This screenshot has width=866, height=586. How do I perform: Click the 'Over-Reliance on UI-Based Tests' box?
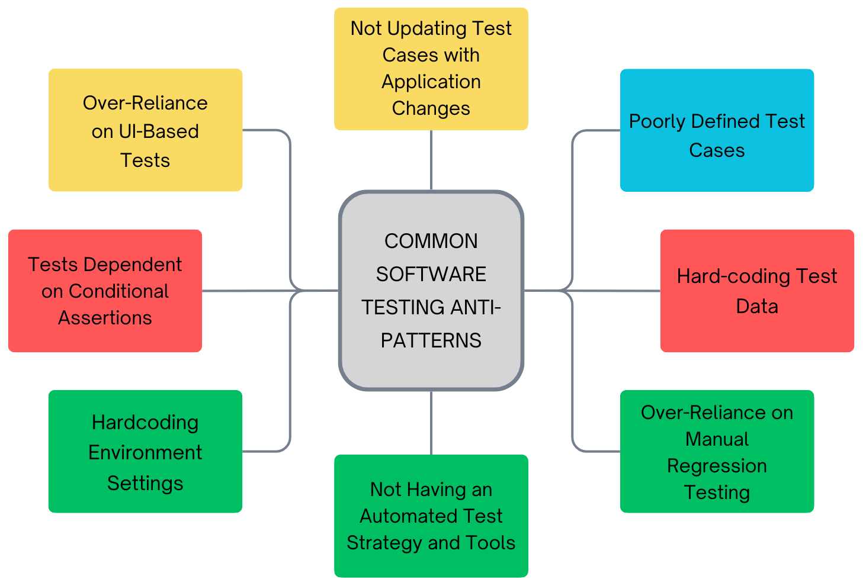[x=145, y=130]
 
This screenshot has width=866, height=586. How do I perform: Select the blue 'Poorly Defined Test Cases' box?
[x=717, y=130]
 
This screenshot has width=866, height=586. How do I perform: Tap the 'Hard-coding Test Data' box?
[x=757, y=291]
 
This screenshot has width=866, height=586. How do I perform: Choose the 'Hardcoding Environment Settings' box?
[x=145, y=451]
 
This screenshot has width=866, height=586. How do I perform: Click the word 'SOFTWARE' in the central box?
[x=431, y=274]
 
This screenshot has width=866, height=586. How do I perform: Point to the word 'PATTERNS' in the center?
[x=431, y=340]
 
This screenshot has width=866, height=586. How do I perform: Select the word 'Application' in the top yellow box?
[x=431, y=82]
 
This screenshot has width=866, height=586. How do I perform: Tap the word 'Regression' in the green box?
[x=717, y=466]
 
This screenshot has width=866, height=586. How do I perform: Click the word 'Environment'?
[x=145, y=452]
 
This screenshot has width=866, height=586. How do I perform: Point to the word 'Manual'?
[x=717, y=439]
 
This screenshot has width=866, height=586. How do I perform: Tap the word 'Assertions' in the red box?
[x=105, y=318]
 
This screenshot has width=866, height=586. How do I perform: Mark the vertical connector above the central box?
[x=431, y=160]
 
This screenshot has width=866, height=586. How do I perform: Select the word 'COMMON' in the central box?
[x=431, y=241]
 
